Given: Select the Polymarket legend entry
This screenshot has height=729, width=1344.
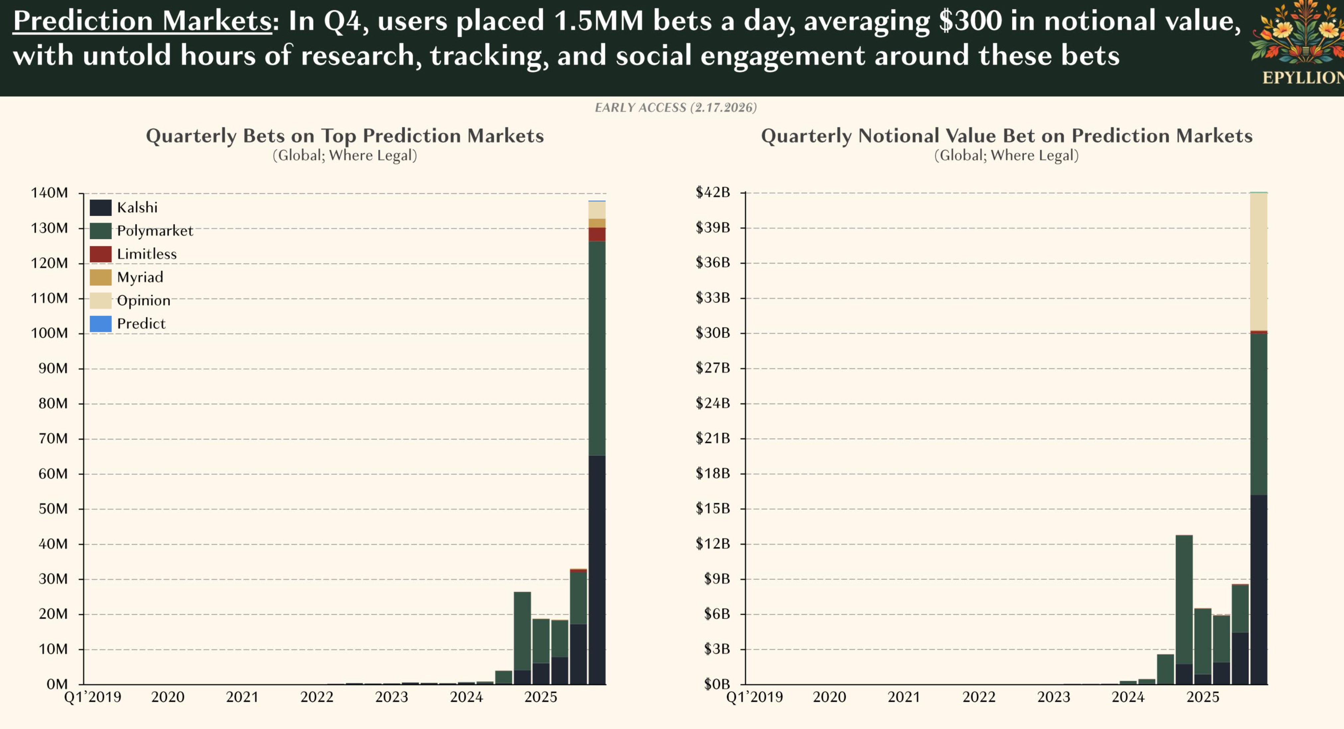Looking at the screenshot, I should pyautogui.click(x=155, y=231).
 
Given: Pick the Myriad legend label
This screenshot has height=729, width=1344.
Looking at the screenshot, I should pyautogui.click(x=140, y=277).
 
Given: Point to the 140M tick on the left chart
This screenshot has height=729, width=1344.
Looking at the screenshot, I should pyautogui.click(x=49, y=193).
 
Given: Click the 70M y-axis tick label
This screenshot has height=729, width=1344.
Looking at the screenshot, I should pyautogui.click(x=53, y=438).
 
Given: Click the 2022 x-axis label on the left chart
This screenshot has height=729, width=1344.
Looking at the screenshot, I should pyautogui.click(x=317, y=697).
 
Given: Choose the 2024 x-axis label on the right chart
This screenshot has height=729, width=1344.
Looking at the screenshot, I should pyautogui.click(x=1128, y=697).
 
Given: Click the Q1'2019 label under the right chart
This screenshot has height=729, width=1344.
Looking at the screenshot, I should pyautogui.click(x=755, y=697).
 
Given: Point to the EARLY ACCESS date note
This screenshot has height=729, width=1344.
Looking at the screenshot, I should pyautogui.click(x=675, y=108).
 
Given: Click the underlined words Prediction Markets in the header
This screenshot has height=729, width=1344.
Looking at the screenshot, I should pyautogui.click(x=142, y=21).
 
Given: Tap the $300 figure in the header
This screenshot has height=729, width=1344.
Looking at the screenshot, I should pyautogui.click(x=970, y=21).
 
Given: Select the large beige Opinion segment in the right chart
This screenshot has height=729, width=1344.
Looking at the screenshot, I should pyautogui.click(x=1258, y=261).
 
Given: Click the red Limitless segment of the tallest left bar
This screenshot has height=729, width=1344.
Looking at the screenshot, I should pyautogui.click(x=597, y=234).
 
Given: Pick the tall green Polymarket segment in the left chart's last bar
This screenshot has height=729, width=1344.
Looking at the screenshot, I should pyautogui.click(x=597, y=348).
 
